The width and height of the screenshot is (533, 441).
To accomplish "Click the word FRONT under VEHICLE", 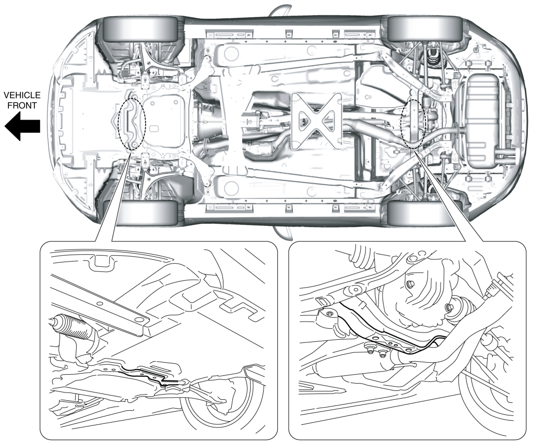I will pyautogui.click(x=20, y=106).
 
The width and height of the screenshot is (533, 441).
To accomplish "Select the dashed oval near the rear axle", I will pyautogui.click(x=413, y=124).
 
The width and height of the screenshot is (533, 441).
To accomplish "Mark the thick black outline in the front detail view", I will pyautogui.click(x=149, y=376).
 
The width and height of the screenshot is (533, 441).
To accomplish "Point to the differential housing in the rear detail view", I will pyautogui.click(x=428, y=297).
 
